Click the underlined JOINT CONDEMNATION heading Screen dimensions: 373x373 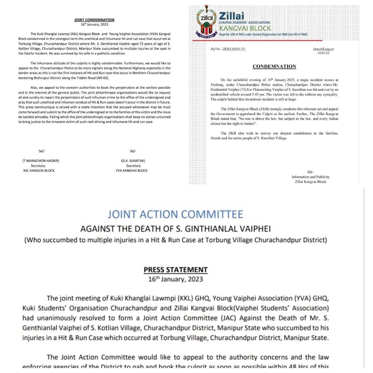(x=94, y=20)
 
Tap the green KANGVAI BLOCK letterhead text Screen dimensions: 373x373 (x=245, y=28)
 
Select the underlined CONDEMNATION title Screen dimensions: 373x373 (x=274, y=66)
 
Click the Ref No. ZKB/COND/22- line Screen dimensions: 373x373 (x=228, y=49)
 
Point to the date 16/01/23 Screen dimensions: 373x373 (x=323, y=53)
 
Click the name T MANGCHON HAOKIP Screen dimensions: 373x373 (x=41, y=161)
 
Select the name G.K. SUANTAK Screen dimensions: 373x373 (x=133, y=161)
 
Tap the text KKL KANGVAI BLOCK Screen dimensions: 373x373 (x=39, y=170)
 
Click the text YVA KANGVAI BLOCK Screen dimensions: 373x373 (x=132, y=170)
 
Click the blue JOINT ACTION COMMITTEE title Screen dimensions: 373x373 (x=175, y=214)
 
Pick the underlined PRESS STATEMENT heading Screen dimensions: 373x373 (x=176, y=270)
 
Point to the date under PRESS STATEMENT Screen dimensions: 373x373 (x=176, y=279)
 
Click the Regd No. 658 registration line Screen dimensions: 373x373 (x=263, y=34)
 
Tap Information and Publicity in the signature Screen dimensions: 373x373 (x=310, y=177)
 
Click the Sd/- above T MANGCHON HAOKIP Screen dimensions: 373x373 (x=42, y=151)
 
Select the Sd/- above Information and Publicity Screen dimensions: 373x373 (x=310, y=172)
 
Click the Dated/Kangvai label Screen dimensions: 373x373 (x=323, y=49)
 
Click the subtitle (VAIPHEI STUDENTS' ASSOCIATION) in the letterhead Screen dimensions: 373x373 (x=244, y=22)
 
